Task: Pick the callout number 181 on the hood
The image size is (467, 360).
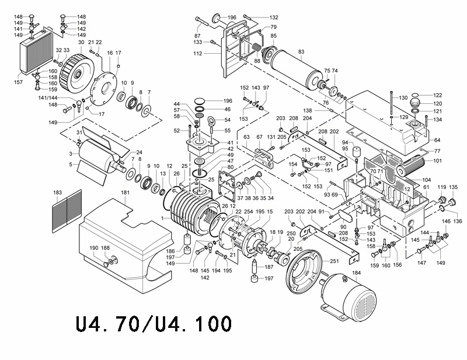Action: pyautogui.click(x=126, y=192)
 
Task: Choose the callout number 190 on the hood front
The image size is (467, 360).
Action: pyautogui.click(x=94, y=248)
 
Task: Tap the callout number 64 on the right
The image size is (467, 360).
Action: pyautogui.click(x=437, y=140)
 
